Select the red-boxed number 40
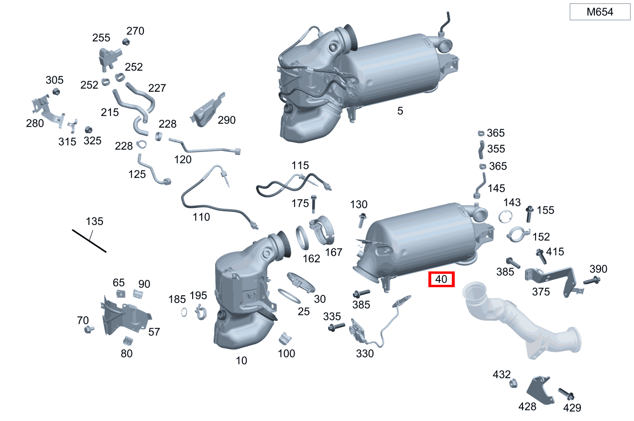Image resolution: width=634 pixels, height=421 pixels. click(x=441, y=280)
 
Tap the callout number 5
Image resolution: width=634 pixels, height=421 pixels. click(x=400, y=111)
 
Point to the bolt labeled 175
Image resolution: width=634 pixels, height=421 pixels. click(x=314, y=204)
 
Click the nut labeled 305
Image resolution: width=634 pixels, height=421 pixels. click(x=55, y=91)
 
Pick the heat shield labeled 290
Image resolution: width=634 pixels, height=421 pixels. click(x=206, y=111)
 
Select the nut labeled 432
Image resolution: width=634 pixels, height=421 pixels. click(x=512, y=383)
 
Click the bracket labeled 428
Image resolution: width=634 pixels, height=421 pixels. click(x=539, y=388)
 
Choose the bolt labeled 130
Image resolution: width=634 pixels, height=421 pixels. click(x=361, y=220)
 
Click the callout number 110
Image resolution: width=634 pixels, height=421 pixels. click(x=201, y=217)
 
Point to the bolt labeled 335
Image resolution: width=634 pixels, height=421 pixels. click(x=337, y=327)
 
